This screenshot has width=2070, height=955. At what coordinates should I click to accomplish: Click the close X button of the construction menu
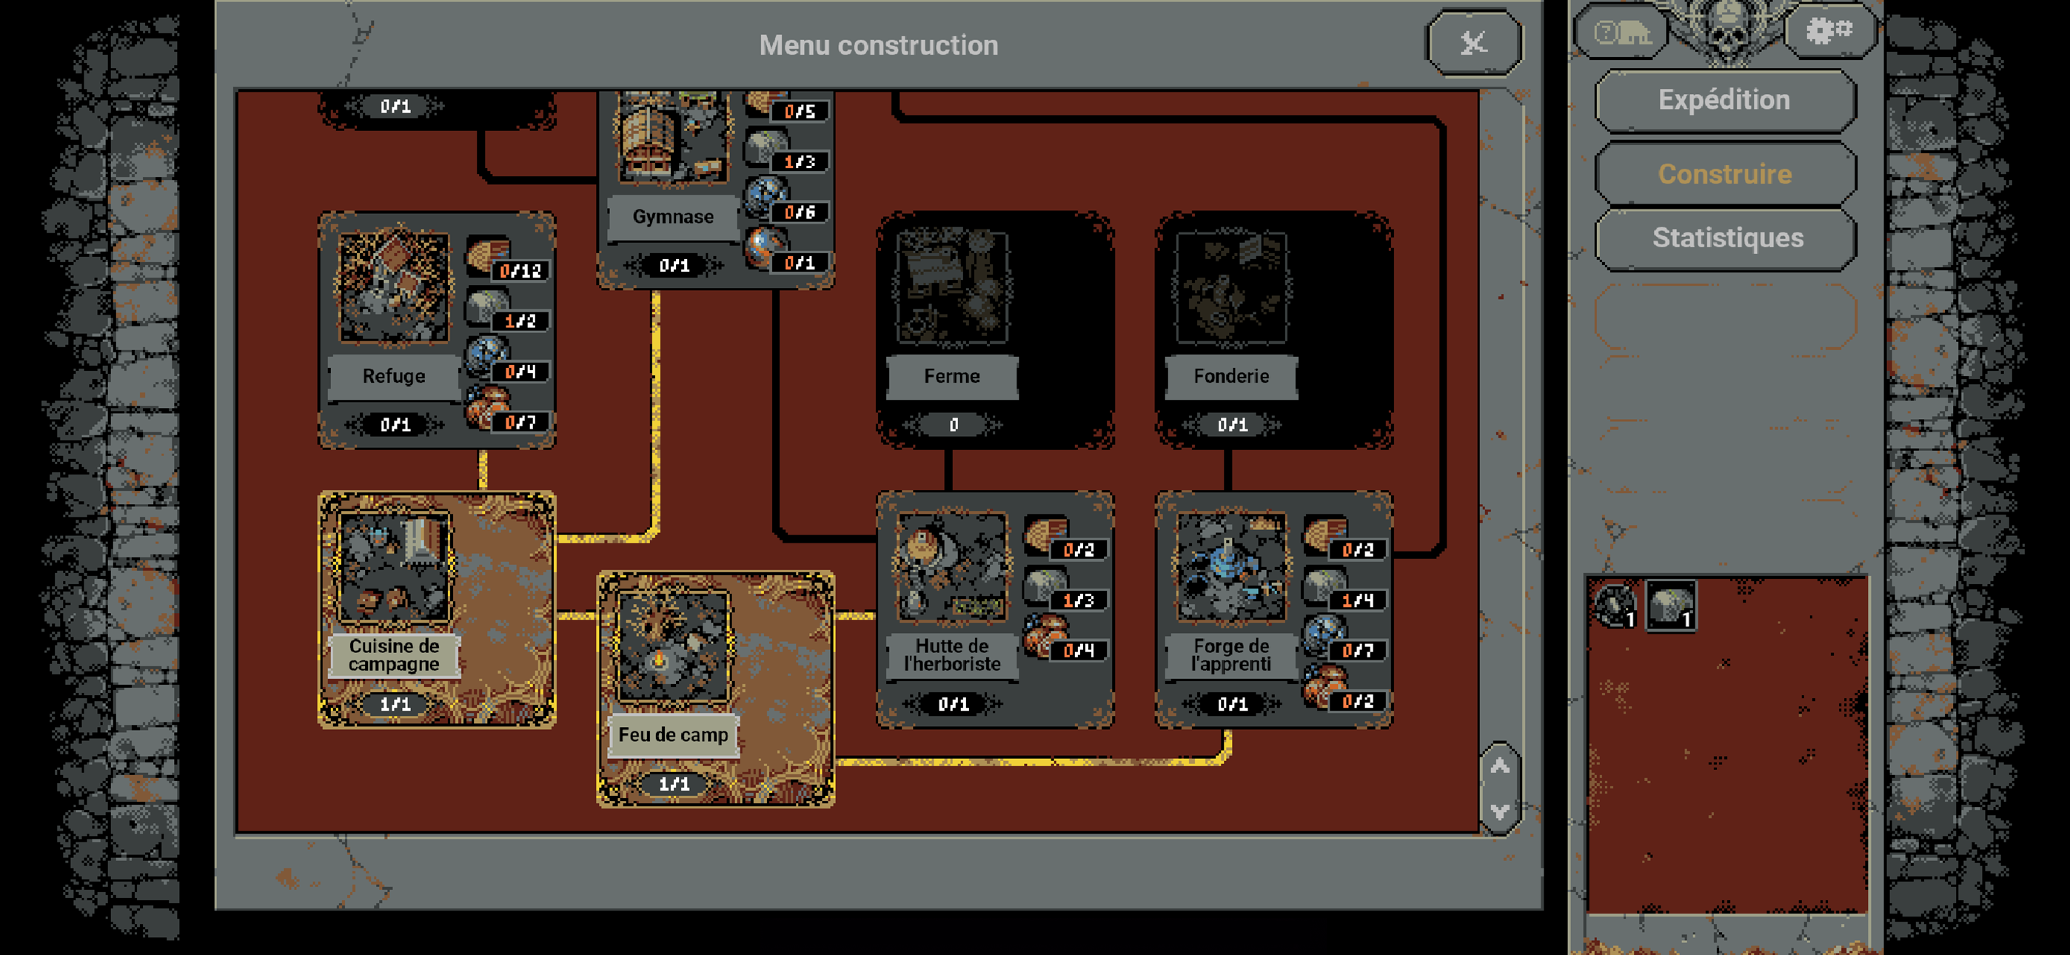click(1474, 43)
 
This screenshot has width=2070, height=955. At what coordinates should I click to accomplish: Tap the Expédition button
click(1724, 100)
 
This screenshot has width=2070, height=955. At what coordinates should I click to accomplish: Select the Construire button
click(1724, 174)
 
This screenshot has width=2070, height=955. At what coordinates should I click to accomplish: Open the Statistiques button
click(1728, 238)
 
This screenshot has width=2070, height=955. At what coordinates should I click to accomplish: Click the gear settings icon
click(1829, 30)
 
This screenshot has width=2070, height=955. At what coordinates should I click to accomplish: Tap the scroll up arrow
click(1499, 766)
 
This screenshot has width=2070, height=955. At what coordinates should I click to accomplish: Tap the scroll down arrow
click(1499, 811)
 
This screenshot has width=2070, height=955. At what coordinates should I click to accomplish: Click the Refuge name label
click(394, 376)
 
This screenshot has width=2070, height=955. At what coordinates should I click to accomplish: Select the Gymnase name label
click(672, 217)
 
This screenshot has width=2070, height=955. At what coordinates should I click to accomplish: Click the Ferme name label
click(951, 376)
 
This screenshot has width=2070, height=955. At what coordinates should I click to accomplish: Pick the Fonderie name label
click(1231, 376)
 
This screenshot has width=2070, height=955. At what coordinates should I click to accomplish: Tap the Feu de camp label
click(672, 734)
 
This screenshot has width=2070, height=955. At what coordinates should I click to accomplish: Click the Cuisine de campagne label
click(394, 655)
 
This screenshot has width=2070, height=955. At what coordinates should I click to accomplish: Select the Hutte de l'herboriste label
click(951, 655)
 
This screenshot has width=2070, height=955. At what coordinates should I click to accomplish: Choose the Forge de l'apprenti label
click(1231, 655)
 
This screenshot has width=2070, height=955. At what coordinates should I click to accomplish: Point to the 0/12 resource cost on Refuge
click(520, 271)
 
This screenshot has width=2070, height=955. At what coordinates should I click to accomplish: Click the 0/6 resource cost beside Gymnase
click(800, 212)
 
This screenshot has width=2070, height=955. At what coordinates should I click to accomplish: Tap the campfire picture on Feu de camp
click(672, 647)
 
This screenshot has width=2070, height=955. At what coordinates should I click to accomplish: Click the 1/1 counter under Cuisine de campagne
click(395, 704)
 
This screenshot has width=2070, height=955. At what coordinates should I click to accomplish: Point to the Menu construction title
click(878, 45)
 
